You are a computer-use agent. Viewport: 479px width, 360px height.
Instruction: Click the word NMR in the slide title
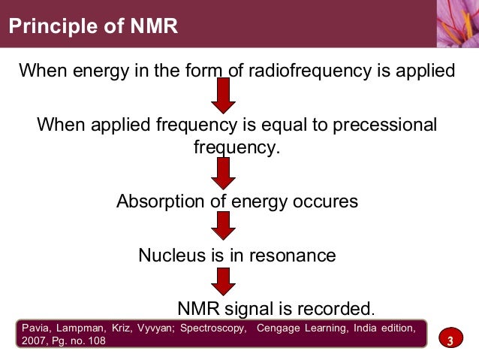pos(152,28)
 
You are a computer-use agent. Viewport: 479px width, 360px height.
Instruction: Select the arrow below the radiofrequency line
pos(223,95)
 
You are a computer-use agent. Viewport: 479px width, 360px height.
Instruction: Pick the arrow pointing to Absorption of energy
pos(223,174)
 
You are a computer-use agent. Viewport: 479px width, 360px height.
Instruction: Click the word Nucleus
pos(169,255)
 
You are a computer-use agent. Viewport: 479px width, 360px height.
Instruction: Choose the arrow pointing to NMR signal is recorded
pos(223,280)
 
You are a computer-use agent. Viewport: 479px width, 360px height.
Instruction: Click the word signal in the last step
pos(248,308)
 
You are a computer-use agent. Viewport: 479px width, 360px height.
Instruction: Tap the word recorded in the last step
pos(336,308)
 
